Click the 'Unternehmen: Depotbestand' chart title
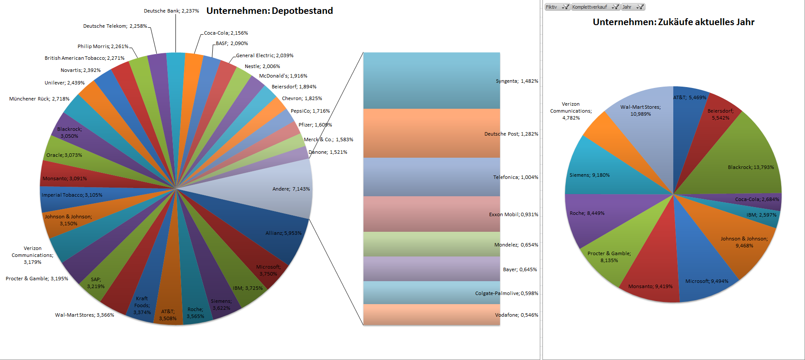pyautogui.click(x=269, y=11)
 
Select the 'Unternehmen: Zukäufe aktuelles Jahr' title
pyautogui.click(x=673, y=22)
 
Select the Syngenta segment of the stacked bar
pyautogui.click(x=431, y=81)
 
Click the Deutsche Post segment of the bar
pyautogui.click(x=431, y=133)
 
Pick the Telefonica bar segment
pyautogui.click(x=431, y=177)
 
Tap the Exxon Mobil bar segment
pyautogui.click(x=431, y=214)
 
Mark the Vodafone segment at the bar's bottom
pyautogui.click(x=431, y=315)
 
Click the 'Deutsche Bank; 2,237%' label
pyautogui.click(x=171, y=11)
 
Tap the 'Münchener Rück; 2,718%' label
pyautogui.click(x=39, y=99)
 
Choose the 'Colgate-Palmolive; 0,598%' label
pyautogui.click(x=506, y=293)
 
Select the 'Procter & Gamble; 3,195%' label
pyautogui.click(x=37, y=279)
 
